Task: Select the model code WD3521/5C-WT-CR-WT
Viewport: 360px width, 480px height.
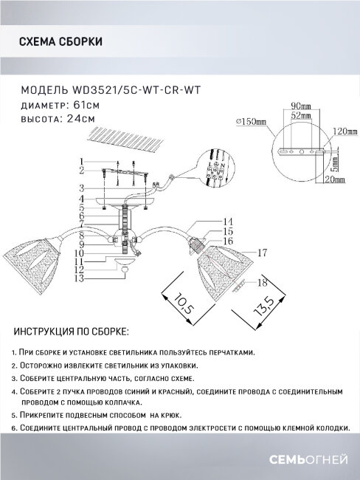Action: pos(142,91)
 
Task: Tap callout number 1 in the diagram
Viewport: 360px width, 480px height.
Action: pos(83,162)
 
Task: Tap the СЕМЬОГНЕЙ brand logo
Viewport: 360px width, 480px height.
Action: pos(309,462)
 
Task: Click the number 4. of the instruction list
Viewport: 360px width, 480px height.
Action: pos(15,391)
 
